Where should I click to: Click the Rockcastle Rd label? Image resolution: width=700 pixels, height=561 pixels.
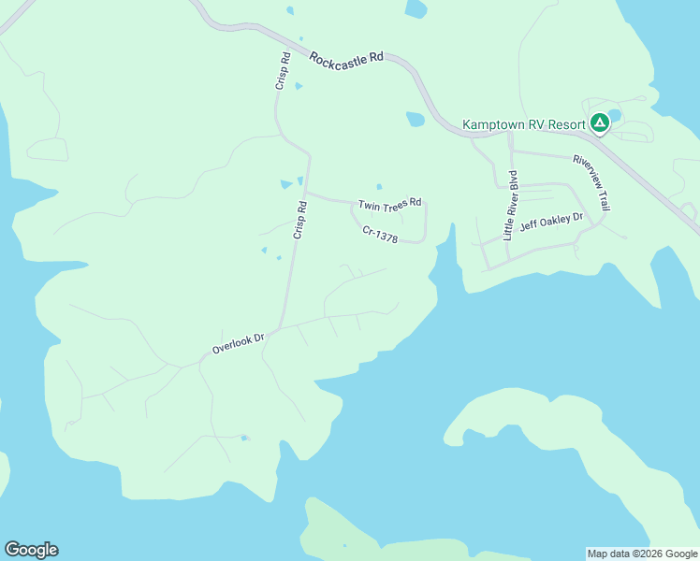(x=346, y=56)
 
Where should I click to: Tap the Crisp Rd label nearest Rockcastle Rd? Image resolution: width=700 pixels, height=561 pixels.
(x=283, y=71)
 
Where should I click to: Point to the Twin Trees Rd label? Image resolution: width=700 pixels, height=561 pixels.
(x=390, y=203)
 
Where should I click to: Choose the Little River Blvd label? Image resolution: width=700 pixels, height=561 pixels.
(x=510, y=206)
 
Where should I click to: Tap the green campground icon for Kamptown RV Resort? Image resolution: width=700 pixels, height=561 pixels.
(x=600, y=122)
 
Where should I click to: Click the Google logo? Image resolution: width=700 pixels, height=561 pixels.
(x=31, y=550)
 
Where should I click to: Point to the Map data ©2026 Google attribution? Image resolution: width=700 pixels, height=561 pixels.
(x=642, y=554)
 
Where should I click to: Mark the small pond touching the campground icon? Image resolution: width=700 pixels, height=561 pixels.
(x=615, y=115)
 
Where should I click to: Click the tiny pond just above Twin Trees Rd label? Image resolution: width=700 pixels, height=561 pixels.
(x=379, y=186)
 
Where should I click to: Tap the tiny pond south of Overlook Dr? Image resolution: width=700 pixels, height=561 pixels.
(x=244, y=438)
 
